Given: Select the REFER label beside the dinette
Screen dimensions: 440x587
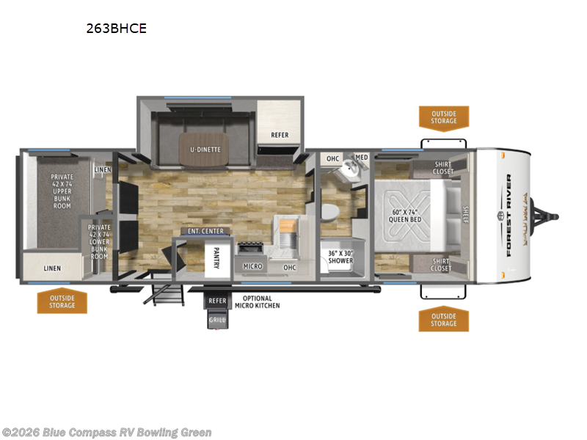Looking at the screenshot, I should [280, 135].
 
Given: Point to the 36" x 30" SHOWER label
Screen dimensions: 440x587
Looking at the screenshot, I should [340, 257].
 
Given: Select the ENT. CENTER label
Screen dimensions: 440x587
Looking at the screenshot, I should [205, 232].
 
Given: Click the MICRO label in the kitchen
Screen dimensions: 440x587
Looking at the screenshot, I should [253, 267].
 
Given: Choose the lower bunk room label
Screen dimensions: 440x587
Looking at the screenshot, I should [98, 242].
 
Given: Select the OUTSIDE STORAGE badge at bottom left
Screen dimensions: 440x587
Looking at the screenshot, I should [62, 301].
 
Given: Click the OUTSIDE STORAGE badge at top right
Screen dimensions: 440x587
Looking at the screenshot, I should [443, 117].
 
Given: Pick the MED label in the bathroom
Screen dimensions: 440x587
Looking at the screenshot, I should [362, 158].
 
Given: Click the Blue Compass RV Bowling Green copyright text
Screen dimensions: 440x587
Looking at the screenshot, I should [106, 433].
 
